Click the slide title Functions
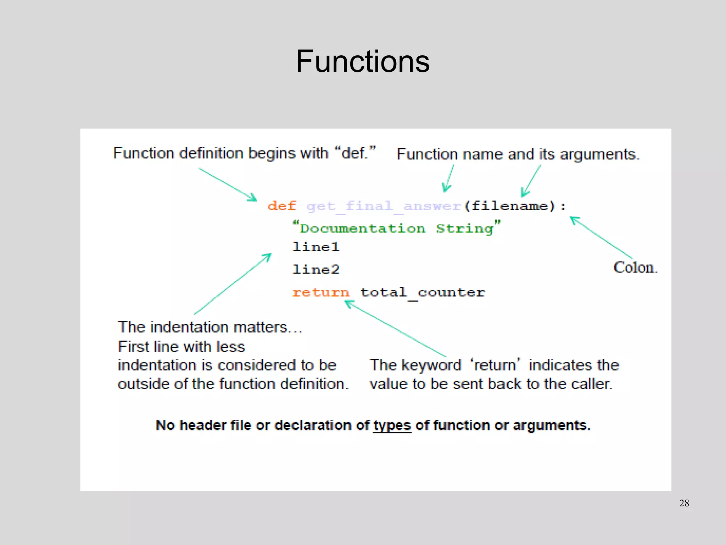click(363, 61)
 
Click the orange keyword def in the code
click(281, 206)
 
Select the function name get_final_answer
click(384, 206)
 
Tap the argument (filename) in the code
click(510, 206)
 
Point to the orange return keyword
click(321, 292)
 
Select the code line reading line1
click(316, 247)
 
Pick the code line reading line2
click(316, 270)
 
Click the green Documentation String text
click(396, 228)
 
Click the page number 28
click(684, 503)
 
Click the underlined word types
click(392, 425)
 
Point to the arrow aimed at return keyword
click(395, 329)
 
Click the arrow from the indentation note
click(233, 284)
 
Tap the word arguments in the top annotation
click(599, 155)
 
